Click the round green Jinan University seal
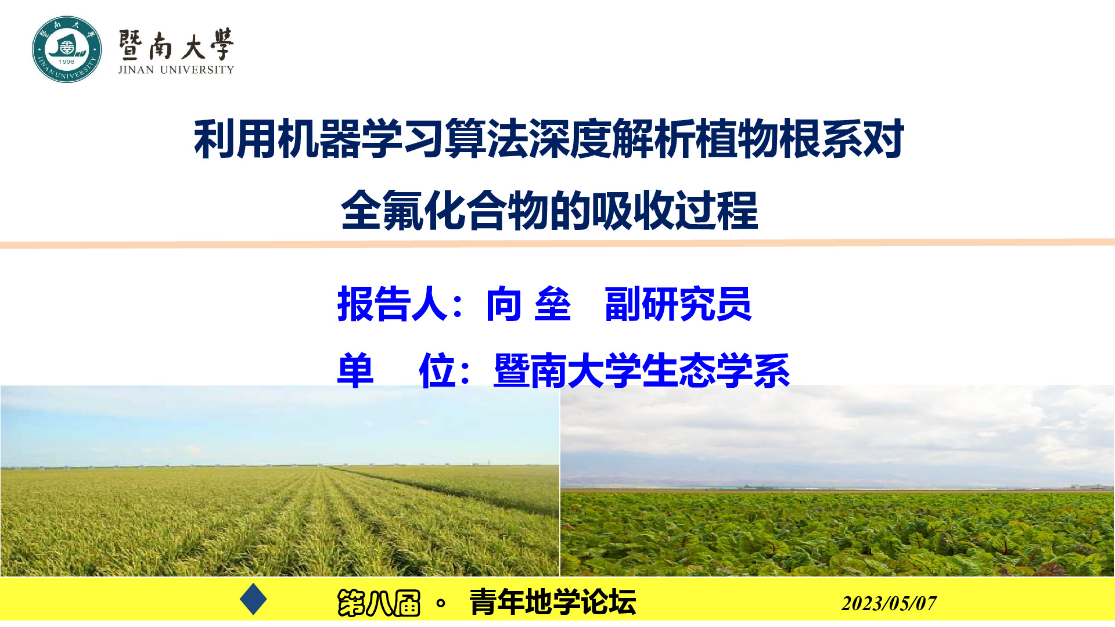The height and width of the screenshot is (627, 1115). coord(67,49)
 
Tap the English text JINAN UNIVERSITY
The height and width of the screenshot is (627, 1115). coord(176,70)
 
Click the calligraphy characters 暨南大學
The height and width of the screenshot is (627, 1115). coord(176,44)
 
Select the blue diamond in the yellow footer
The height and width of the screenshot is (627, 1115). coord(253,599)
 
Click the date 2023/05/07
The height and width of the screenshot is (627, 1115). coord(889,603)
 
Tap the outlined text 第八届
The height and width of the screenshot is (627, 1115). coord(379,603)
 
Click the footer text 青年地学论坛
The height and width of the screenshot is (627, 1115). coord(552,601)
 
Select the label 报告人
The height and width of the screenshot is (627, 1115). coord(393,304)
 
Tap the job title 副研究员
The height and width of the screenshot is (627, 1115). coord(678,304)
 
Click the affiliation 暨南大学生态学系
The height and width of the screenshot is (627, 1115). coord(642,370)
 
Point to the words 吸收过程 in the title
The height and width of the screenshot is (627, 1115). coord(674,211)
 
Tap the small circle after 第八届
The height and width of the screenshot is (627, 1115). coord(441,603)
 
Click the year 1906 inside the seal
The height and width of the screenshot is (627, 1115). coord(66,62)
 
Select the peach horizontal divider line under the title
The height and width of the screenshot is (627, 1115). coord(557,244)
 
